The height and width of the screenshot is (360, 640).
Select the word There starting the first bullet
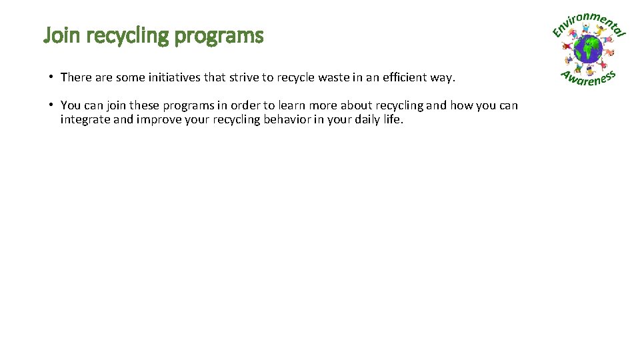(76, 77)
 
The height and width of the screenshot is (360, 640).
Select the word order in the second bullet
(244, 105)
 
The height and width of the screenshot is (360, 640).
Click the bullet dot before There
(51, 77)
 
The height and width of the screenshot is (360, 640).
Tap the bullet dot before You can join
(51, 105)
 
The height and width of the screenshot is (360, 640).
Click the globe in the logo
(589, 49)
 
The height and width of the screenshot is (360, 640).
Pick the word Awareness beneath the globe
(587, 79)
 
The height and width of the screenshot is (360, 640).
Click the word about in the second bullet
(355, 105)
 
